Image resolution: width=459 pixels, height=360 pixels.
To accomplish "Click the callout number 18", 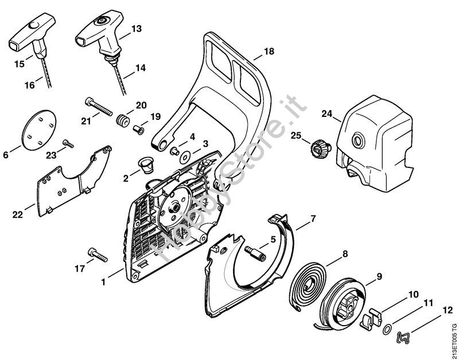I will (269, 52).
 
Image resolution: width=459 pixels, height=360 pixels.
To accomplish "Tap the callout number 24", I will (327, 114).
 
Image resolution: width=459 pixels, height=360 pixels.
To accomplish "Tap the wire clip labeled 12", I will (407, 338).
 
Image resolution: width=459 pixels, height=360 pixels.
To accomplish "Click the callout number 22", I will (17, 215).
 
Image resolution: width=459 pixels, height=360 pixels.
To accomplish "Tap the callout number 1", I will (103, 282).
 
